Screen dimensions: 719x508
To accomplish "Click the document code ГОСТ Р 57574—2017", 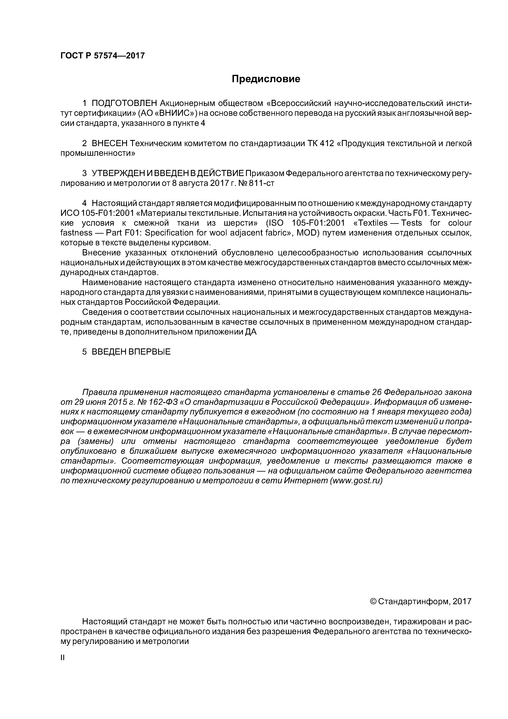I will tap(102, 56).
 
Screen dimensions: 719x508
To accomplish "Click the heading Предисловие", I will tap(266, 79).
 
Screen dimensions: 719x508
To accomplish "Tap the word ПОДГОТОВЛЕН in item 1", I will tap(124, 103).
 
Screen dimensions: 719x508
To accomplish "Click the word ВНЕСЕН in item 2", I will tap(110, 143).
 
